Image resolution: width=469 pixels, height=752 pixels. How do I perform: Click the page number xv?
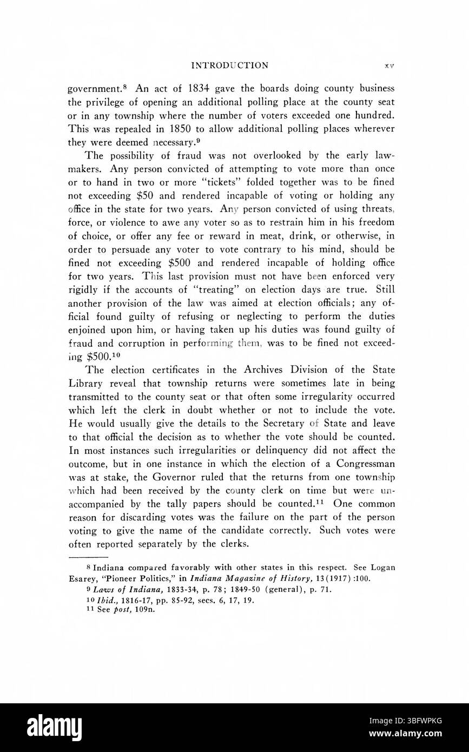point(389,66)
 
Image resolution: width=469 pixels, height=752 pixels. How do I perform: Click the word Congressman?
point(366,464)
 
